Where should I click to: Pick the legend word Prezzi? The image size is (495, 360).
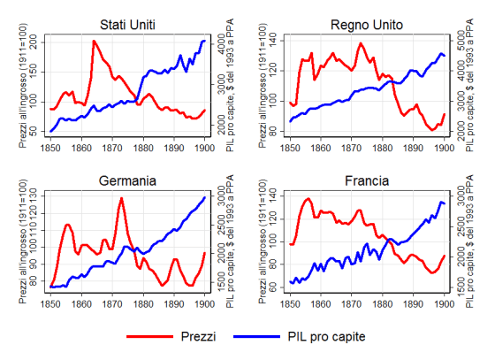(x=196, y=337)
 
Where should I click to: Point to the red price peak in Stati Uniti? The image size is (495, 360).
(x=94, y=41)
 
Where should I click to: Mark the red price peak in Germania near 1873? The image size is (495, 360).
(x=120, y=198)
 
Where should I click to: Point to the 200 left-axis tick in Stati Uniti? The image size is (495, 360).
(x=36, y=42)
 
